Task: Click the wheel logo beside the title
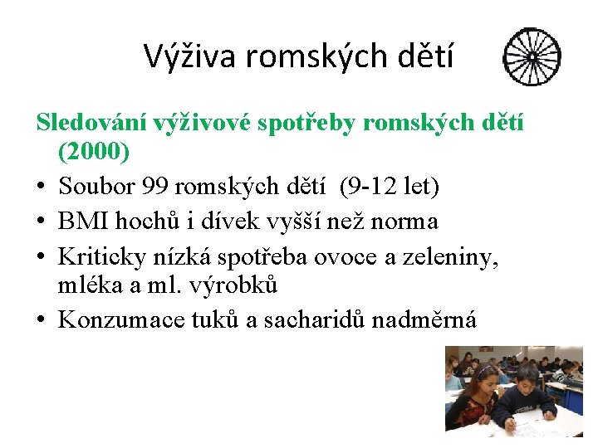(532, 58)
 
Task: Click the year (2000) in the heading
(93, 153)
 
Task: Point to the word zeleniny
(453, 256)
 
